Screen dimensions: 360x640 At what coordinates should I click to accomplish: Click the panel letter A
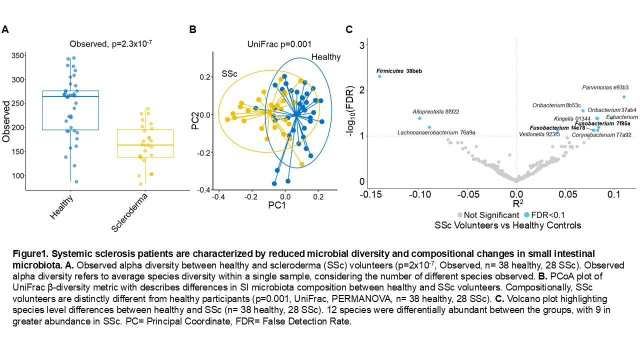(x=5, y=29)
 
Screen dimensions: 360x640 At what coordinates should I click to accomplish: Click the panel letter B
(x=192, y=29)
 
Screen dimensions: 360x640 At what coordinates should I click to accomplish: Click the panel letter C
(x=349, y=29)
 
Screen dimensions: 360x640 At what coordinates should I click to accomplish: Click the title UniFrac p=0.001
(x=279, y=44)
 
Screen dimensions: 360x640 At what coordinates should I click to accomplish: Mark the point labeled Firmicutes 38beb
(x=379, y=76)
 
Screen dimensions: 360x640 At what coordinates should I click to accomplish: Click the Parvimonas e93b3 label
(x=605, y=87)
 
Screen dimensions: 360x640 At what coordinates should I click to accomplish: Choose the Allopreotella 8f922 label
(x=435, y=111)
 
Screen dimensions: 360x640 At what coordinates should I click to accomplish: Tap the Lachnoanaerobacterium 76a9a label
(x=436, y=132)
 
